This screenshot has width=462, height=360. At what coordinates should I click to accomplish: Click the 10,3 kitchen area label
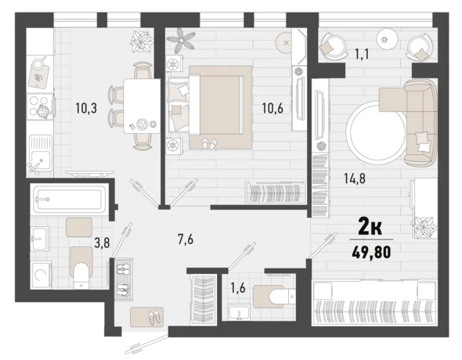tap(86, 109)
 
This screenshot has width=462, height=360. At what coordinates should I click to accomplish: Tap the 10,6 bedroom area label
tap(273, 109)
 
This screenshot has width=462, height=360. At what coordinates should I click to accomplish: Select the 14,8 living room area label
tap(355, 178)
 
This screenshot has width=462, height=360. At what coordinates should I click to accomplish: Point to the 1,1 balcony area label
tap(362, 55)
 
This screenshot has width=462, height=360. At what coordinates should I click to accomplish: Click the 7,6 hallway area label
tap(186, 239)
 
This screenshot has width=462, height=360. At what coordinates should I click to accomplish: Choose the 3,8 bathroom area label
tap(102, 243)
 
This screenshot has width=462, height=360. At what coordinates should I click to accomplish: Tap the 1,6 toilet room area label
tap(238, 289)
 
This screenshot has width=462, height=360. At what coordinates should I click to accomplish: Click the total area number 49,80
tap(371, 252)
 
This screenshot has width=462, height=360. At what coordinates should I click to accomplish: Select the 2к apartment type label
tap(370, 227)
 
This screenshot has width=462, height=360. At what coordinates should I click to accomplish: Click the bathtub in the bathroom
tap(70, 199)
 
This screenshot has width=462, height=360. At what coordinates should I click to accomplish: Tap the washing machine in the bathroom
tap(41, 275)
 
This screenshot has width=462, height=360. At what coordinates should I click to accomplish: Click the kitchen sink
tap(41, 153)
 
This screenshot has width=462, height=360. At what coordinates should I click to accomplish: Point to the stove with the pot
tap(40, 106)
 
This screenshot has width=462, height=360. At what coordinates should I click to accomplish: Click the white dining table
tap(142, 106)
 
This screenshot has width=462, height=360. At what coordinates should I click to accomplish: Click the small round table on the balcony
tap(384, 39)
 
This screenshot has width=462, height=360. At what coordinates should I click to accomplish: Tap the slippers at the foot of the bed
tap(208, 143)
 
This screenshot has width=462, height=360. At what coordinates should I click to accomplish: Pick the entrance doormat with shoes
tap(146, 317)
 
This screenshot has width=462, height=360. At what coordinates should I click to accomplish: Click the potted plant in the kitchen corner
tap(142, 41)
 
